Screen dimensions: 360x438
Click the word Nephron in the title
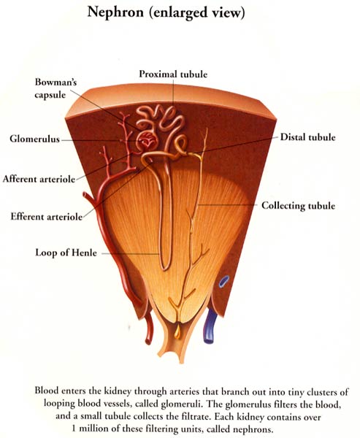[115, 13]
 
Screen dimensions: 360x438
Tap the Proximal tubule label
[173, 74]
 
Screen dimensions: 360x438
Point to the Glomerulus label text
[34, 139]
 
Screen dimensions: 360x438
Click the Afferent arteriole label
[39, 179]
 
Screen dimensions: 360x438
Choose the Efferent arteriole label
[47, 217]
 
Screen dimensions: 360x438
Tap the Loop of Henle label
[66, 253]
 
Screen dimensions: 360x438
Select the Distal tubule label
[307, 137]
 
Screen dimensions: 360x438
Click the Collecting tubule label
[298, 206]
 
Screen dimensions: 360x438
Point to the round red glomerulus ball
[147, 140]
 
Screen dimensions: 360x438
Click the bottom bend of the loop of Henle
[166, 268]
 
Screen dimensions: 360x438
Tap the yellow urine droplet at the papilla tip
[177, 332]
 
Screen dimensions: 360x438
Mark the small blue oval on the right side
[224, 282]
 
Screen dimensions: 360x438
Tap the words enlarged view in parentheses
[197, 13]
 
